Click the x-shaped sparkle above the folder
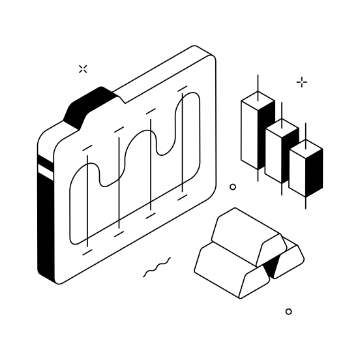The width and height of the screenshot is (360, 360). (x=83, y=68)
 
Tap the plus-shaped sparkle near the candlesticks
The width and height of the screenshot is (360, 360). (x=302, y=82)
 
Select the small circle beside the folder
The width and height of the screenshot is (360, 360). (x=233, y=187)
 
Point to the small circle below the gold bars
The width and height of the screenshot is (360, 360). (x=289, y=312)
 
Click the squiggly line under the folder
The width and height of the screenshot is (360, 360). (x=157, y=267)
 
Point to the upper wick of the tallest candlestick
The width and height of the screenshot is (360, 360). (x=258, y=83)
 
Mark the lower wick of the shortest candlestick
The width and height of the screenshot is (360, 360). (x=306, y=202)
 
